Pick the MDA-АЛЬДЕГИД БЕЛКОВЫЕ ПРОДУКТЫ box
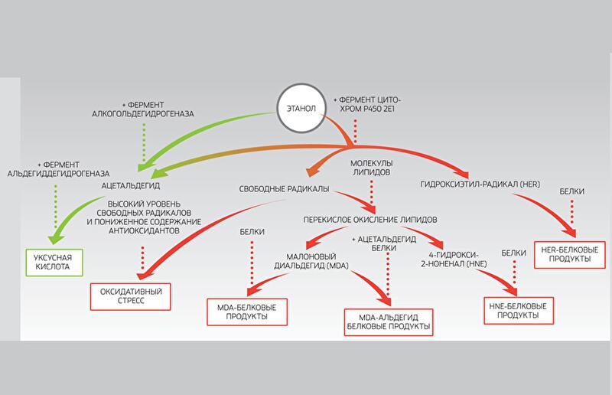click(389, 320)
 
